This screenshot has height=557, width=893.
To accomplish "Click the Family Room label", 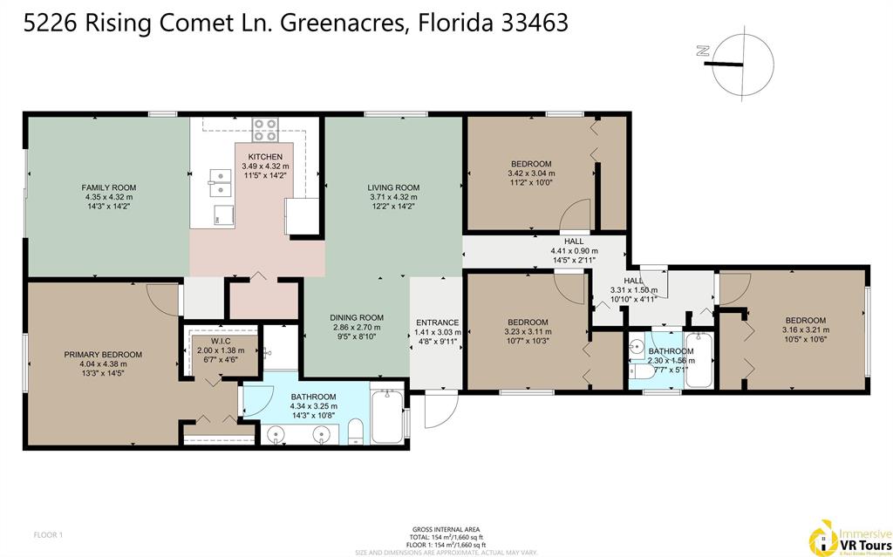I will pos(109,187).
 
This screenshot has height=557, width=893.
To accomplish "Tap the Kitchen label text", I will pos(264,156).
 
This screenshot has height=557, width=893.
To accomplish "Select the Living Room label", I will pos(394,187).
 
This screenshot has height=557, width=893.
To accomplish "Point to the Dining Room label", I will pos(357,317).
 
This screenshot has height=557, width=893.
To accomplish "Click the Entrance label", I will pos(438,323).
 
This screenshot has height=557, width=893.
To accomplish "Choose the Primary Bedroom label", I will pos(102,354).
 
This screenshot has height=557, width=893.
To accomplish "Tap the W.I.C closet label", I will pos(220,341).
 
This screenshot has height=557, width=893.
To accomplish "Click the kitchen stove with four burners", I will pos(265,130).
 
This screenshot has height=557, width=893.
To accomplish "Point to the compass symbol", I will pos(742,63).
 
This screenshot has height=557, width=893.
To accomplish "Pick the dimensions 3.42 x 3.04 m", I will pos(531,173).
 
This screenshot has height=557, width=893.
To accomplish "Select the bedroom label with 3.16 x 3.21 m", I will pos(805,320).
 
